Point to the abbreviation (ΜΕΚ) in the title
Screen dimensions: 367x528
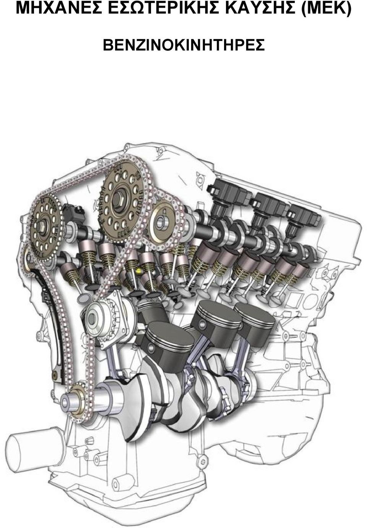(326, 9)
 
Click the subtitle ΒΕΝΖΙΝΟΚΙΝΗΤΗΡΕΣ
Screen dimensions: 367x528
(184, 45)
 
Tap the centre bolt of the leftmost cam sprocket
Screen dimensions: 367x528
(43, 227)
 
